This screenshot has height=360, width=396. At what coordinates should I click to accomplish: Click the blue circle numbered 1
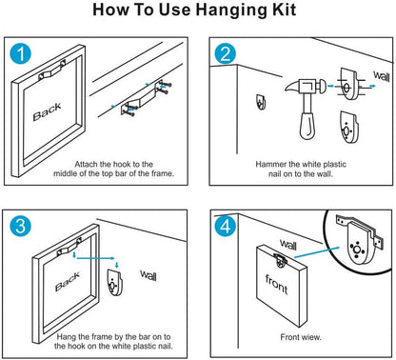click(21, 53)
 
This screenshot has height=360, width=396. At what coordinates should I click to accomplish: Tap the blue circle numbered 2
click(226, 53)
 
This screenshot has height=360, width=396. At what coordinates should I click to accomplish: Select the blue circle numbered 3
click(21, 227)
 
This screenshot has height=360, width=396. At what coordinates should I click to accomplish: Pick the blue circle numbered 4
click(226, 227)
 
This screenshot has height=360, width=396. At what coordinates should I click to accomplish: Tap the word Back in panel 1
click(47, 111)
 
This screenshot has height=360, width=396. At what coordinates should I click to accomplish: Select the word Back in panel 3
click(68, 281)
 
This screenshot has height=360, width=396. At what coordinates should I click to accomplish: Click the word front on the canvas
click(276, 285)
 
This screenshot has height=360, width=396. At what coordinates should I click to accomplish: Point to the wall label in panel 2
click(382, 76)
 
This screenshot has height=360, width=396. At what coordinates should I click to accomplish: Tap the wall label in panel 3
click(148, 275)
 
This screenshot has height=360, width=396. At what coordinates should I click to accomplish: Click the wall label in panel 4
click(288, 245)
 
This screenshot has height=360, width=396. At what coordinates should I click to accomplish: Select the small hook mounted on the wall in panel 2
click(261, 102)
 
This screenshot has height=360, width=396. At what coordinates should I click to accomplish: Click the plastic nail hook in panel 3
click(114, 282)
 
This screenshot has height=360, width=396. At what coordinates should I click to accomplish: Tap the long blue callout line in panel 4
click(317, 252)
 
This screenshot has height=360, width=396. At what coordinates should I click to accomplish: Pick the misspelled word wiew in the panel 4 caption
click(311, 337)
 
